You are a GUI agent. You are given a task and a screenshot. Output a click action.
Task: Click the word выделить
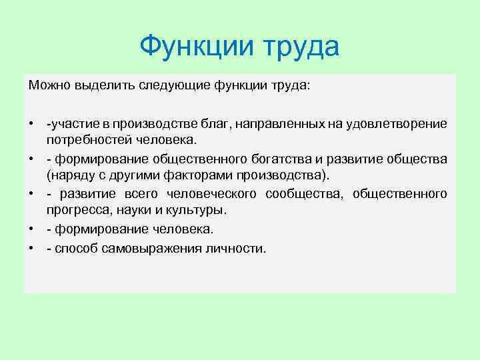99,86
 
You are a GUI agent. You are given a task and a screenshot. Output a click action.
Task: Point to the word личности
235,248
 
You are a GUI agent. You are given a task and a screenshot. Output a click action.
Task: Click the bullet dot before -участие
31,124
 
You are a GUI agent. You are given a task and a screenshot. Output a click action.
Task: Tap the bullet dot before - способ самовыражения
31,248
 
